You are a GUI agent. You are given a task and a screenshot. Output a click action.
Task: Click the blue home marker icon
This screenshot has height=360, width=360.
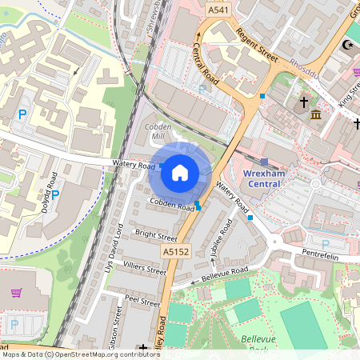180,172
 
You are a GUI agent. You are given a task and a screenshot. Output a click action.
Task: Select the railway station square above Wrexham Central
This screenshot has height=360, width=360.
264,162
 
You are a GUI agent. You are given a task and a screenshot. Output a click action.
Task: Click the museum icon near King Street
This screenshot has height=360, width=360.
316,117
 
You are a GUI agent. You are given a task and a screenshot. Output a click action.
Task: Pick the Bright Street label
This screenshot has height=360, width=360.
156,237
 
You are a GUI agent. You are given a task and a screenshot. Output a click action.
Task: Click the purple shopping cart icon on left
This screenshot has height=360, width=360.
15,292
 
